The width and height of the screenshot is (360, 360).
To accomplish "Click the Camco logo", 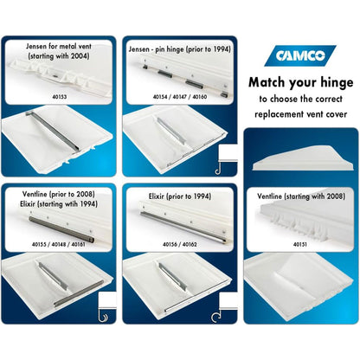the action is [x=300, y=55].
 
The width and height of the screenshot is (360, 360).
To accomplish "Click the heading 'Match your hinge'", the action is [x=301, y=82].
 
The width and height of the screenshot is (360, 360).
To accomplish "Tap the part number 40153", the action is [x=60, y=97].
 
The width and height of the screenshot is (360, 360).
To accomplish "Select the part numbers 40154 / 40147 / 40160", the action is [x=180, y=97].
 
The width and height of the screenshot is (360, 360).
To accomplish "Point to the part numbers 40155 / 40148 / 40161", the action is [x=59, y=245].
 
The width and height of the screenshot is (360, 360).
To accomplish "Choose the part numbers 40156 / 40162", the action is [x=180, y=245].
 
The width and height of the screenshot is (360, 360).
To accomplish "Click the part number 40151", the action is [x=300, y=245].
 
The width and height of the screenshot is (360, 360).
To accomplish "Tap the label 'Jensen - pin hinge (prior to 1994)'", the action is [x=180, y=49].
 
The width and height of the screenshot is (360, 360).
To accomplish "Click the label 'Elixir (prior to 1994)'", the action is [x=180, y=196].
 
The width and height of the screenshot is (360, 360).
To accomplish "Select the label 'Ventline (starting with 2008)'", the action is [x=301, y=196].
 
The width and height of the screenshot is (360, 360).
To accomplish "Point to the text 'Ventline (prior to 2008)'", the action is [x=59, y=194].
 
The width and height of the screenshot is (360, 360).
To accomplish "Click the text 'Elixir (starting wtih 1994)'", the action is [x=59, y=204].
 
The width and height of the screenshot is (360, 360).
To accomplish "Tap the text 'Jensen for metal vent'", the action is [x=59, y=46].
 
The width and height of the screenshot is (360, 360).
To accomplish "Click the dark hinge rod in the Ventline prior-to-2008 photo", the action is [x=61, y=230].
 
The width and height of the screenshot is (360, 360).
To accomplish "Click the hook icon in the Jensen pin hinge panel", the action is [x=218, y=169].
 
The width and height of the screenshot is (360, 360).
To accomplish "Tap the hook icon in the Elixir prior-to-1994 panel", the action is [x=215, y=316].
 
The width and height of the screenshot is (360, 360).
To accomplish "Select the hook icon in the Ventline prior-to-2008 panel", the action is [x=102, y=316].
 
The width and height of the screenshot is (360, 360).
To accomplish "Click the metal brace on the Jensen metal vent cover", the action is [x=51, y=131].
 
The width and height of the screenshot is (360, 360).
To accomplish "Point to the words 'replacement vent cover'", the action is [x=301, y=114].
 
